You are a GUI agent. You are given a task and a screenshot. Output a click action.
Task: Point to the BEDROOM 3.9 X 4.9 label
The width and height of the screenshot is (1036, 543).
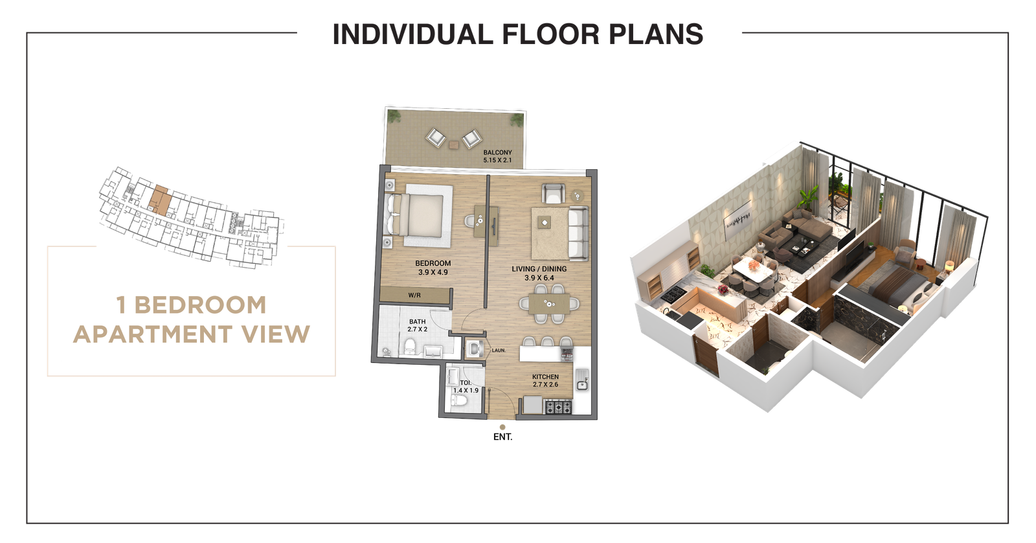[433, 268]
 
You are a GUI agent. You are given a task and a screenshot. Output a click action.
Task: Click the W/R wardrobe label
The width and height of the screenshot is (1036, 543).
[414, 295]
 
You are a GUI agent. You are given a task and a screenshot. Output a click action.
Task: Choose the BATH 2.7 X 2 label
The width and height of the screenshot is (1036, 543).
[417, 325]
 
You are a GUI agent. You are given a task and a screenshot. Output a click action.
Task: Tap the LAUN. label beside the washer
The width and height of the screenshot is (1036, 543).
[499, 351]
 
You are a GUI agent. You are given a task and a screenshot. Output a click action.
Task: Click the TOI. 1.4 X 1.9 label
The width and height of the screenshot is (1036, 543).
[465, 387]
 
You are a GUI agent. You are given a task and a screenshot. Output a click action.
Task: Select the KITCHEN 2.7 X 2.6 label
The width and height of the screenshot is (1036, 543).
[545, 380]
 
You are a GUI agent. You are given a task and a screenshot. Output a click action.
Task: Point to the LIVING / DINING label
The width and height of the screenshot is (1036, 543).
[539, 273]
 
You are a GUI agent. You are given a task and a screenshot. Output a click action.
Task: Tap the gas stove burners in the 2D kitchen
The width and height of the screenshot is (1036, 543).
[557, 408]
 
